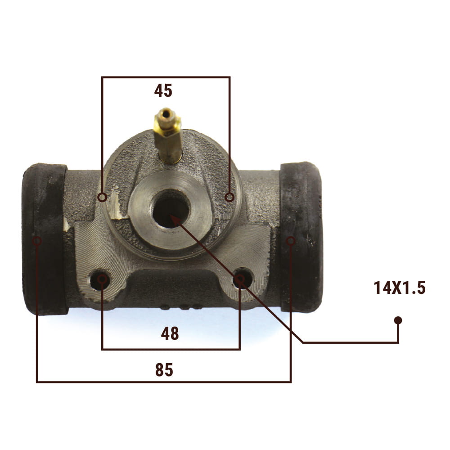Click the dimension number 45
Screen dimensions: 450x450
pos(163,91)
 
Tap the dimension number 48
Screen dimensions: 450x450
pos(170,333)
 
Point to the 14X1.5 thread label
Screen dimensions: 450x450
pos(400,288)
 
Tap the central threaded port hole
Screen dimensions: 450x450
pos(171,209)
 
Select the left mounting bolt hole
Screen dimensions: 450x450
pos(100,279)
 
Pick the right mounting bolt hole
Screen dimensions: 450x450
pos(243,278)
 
